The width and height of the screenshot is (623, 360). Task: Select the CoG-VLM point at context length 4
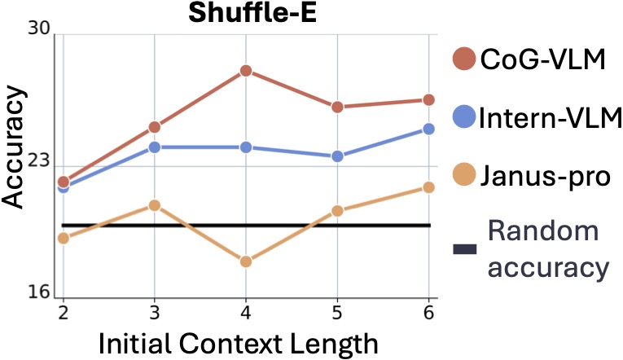pos(245,71)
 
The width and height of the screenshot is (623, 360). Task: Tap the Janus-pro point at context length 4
pos(245,261)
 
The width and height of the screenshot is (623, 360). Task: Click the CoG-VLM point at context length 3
pos(154,127)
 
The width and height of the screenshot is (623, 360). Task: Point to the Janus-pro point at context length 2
pos(63,238)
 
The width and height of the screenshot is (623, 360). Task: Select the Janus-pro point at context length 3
pos(154,205)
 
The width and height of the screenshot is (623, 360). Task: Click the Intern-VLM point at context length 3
pos(154,147)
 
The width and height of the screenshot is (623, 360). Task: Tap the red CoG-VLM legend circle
pos(464,59)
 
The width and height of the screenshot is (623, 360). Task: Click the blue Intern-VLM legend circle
pos(464,116)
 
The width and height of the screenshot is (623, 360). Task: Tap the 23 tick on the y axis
pos(39,161)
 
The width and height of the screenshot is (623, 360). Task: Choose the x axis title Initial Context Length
pos(238,342)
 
